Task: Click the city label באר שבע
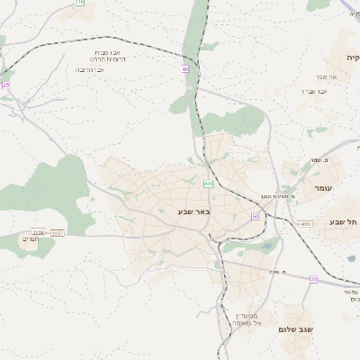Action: tap(193, 211)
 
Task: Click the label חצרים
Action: tap(31, 238)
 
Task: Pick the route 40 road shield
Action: tap(185, 68)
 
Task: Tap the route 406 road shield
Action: tap(208, 184)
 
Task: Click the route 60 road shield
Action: tap(256, 216)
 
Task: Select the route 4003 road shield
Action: tap(306, 223)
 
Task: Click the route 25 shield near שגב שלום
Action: tap(314, 279)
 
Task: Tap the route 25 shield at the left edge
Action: tap(5, 85)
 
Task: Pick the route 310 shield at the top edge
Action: tap(79, 3)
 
